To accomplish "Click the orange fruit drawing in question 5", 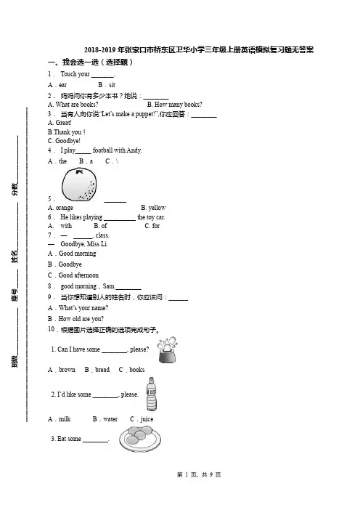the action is [x=79, y=185].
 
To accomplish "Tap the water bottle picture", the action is [x=152, y=394].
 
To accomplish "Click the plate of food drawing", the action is [x=140, y=439].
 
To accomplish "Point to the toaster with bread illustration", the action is [x=168, y=350].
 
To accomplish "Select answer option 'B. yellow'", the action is [x=153, y=208].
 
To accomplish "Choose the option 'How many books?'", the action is [x=178, y=105].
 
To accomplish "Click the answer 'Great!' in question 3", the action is [x=63, y=123].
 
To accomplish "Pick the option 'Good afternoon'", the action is [x=78, y=275].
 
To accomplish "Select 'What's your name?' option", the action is [x=83, y=308].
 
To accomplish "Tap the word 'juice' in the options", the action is [x=147, y=419].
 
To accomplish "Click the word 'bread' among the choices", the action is [x=102, y=370].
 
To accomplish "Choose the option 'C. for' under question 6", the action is [x=152, y=226].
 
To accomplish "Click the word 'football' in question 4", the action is [x=102, y=150].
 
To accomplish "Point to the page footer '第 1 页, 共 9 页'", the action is [x=199, y=474].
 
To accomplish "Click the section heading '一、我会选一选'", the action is [x=73, y=62].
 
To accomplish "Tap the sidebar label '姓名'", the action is [x=15, y=256].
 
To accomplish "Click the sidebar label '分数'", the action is [x=15, y=190].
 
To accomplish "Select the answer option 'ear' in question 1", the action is [x=62, y=85].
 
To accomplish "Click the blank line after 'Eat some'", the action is [x=96, y=442].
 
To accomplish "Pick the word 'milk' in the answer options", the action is [x=65, y=419].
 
